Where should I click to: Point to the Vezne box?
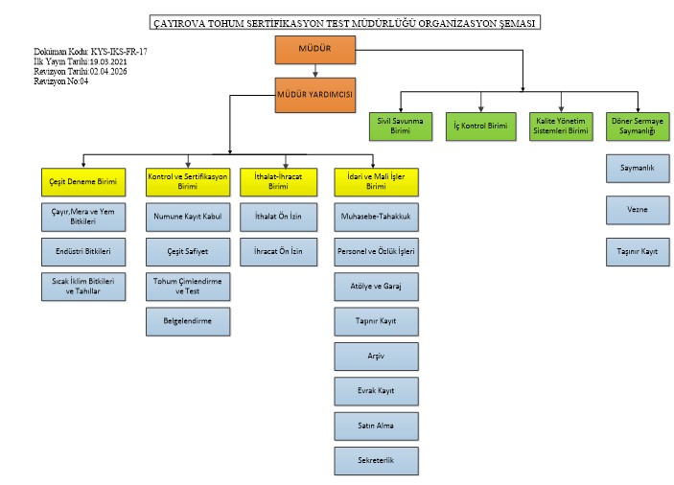point(637,208)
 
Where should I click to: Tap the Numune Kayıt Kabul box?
point(188,218)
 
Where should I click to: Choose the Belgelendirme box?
point(188,321)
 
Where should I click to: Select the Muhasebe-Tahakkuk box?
point(376,218)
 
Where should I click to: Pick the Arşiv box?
point(376,357)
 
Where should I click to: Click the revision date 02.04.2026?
point(111,71)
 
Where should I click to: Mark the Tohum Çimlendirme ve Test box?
point(188,286)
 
